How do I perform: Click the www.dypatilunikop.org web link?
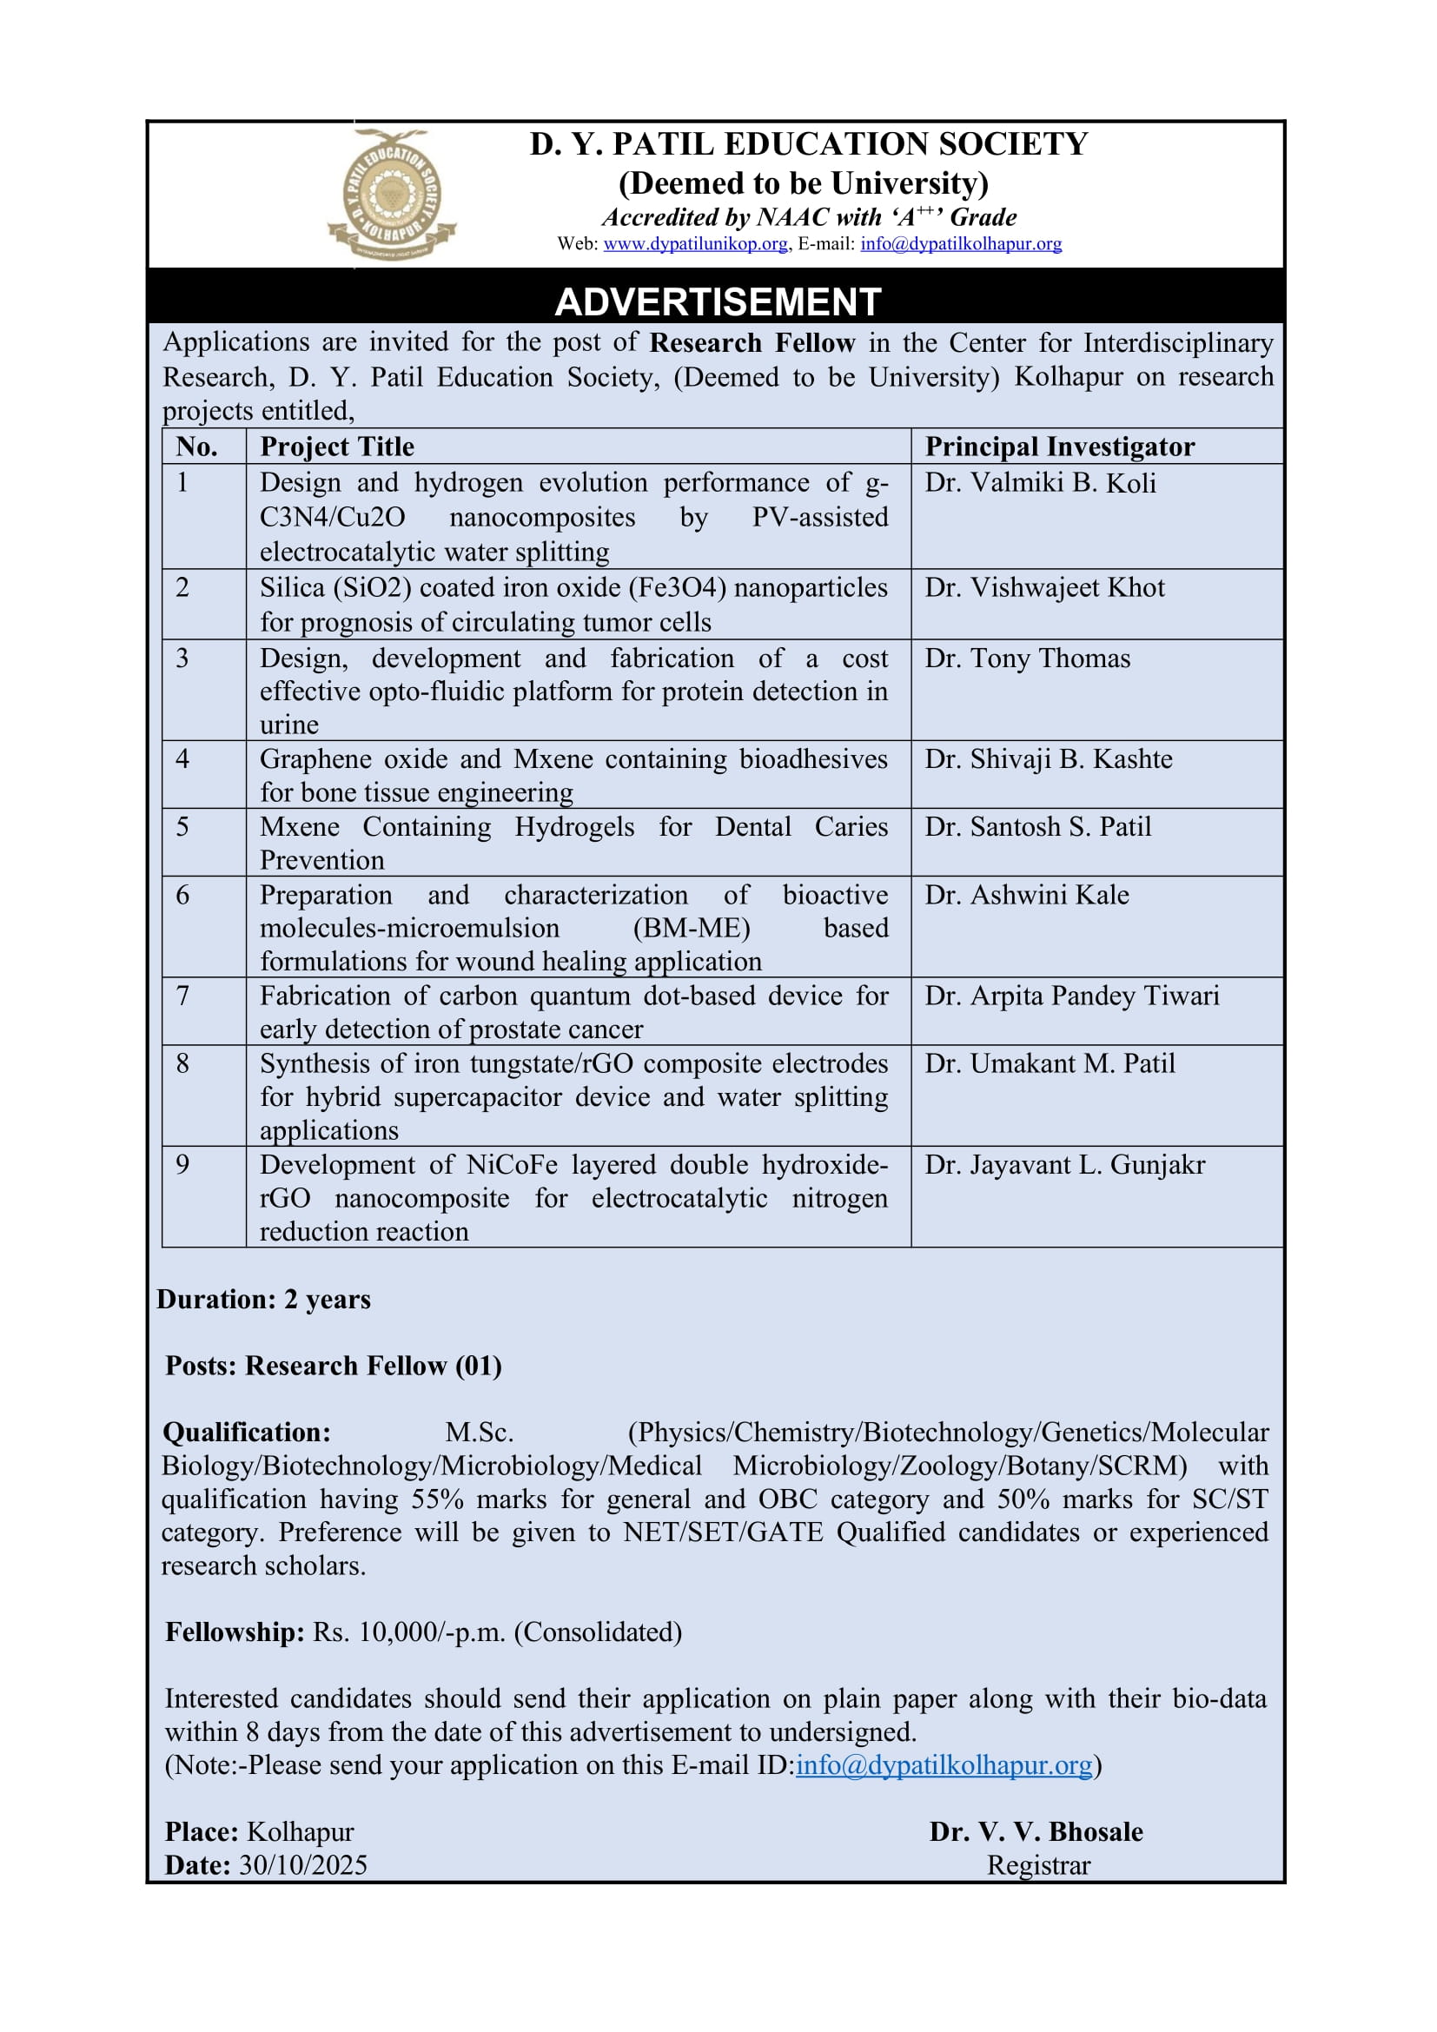[695, 244]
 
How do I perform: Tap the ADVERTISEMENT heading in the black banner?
[717, 301]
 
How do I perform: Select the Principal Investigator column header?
[1059, 447]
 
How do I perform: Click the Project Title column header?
[336, 447]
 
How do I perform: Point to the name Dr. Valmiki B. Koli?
[1040, 483]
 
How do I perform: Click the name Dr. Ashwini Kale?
[1026, 895]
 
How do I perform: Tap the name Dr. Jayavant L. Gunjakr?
[1064, 1165]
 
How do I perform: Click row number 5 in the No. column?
[182, 826]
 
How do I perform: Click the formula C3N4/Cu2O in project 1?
[332, 518]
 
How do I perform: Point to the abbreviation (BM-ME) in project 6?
[691, 929]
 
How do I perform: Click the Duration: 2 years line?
[264, 1299]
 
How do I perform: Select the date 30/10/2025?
[302, 1865]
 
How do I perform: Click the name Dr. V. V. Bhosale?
[1036, 1832]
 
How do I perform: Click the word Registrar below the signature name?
[1038, 1865]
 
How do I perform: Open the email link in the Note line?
[944, 1764]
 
